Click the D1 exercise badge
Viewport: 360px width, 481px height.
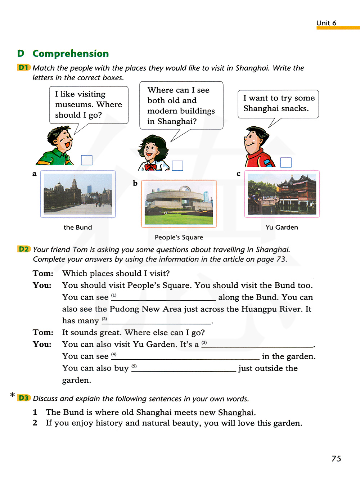[x=24, y=67]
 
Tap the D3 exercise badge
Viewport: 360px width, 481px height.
[x=24, y=398]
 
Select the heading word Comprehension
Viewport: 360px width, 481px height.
[x=71, y=54]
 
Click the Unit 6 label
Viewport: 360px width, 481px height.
[x=326, y=23]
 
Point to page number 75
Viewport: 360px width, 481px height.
[x=336, y=458]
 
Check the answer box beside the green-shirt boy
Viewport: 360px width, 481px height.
[x=87, y=160]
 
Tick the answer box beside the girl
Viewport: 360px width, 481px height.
[x=177, y=166]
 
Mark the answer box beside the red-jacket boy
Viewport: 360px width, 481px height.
[x=286, y=162]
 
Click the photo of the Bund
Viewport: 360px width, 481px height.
[x=78, y=194]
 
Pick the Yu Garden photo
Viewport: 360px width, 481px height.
[x=282, y=194]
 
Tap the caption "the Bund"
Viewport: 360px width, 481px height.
[x=78, y=228]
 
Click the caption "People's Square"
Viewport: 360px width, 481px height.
[x=179, y=237]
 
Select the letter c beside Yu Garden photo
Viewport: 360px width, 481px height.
[x=238, y=174]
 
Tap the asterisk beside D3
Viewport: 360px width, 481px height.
[x=13, y=395]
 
